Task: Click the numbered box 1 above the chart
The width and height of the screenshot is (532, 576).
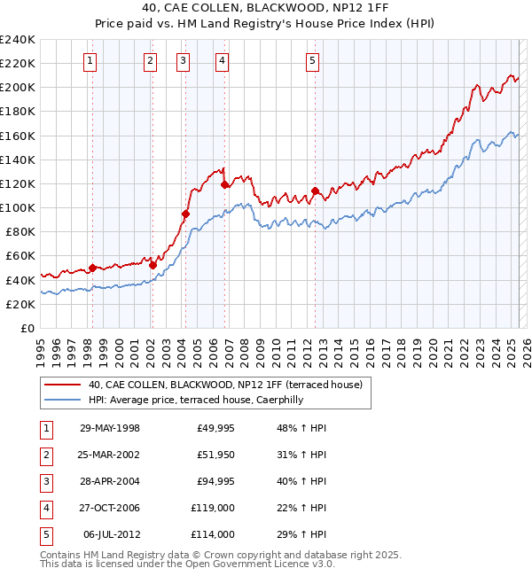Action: click(91, 61)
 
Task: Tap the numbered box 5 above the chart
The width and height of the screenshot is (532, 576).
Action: click(313, 61)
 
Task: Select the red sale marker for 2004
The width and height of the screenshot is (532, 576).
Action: click(186, 214)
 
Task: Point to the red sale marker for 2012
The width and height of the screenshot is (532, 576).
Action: click(315, 191)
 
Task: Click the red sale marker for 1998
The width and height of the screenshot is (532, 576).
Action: click(92, 268)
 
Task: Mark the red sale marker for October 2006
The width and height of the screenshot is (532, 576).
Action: click(225, 185)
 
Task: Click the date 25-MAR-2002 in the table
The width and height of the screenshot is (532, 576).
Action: click(110, 455)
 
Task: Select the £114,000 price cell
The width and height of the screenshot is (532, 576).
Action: click(214, 534)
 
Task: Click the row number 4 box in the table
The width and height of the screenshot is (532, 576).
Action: click(44, 508)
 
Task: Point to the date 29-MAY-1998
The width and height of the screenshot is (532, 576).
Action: click(110, 428)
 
